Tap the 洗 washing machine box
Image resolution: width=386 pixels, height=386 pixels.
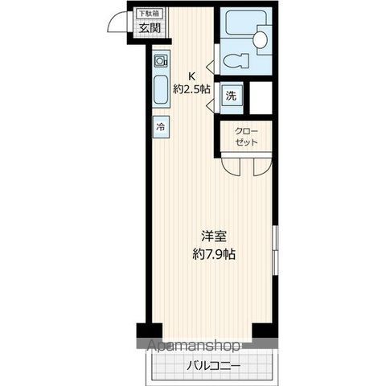tap(231, 96)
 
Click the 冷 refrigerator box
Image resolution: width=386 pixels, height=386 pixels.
tap(161, 127)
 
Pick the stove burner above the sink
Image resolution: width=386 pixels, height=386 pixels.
tap(161, 61)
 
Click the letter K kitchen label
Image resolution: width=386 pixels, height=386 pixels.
tap(191, 77)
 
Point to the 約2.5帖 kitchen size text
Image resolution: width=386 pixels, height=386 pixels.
tap(191, 89)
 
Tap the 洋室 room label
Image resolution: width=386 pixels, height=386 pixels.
tap(213, 238)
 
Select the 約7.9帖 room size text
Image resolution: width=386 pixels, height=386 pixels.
tap(213, 254)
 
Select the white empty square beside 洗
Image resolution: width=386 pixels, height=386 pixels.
tap(262, 96)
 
